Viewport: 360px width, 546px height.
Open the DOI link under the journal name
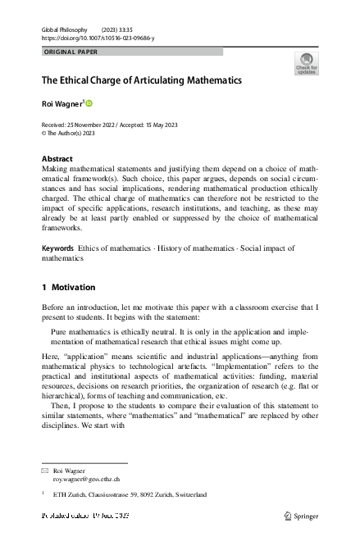point(97,39)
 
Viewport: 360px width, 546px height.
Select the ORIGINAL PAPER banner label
point(71,52)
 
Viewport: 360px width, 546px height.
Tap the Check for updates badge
point(306,64)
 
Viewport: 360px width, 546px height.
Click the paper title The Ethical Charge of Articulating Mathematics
point(141,81)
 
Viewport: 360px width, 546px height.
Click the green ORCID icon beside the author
point(89,103)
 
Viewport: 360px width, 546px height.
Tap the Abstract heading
point(57,159)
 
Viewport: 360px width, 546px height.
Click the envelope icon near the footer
point(45,471)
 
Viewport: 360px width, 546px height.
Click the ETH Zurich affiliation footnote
point(125,495)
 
